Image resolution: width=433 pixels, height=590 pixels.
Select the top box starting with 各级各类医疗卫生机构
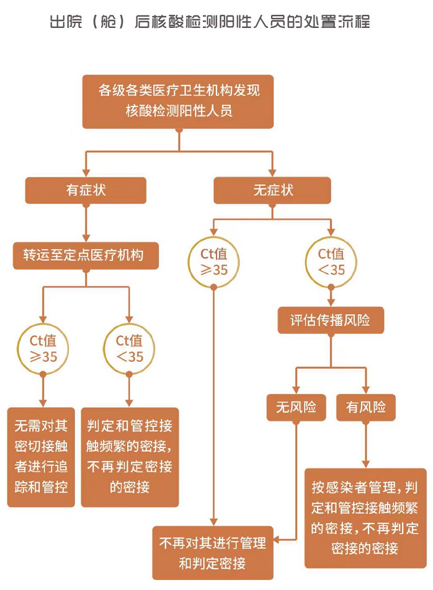click(x=179, y=102)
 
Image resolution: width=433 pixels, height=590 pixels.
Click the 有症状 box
click(x=86, y=190)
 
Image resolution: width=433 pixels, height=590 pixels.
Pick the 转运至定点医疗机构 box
click(x=86, y=255)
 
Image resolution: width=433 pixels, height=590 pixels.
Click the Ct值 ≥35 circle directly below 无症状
click(x=213, y=262)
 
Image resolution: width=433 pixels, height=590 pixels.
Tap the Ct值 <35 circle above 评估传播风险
click(x=331, y=262)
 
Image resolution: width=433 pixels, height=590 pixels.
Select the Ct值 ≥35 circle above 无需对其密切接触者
click(x=43, y=348)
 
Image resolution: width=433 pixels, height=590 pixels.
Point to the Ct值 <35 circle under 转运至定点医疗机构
click(x=129, y=348)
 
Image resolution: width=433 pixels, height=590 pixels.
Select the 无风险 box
click(x=296, y=407)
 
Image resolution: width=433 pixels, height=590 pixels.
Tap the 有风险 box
click(x=365, y=407)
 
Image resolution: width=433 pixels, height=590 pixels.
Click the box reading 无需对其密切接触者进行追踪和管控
click(x=42, y=457)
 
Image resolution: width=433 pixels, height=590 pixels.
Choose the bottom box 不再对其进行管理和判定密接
click(x=213, y=553)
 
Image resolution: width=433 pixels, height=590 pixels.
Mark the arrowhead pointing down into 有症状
click(x=86, y=173)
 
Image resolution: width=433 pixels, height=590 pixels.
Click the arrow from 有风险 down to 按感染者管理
click(x=365, y=445)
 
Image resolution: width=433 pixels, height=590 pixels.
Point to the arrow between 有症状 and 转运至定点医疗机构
click(x=86, y=223)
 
